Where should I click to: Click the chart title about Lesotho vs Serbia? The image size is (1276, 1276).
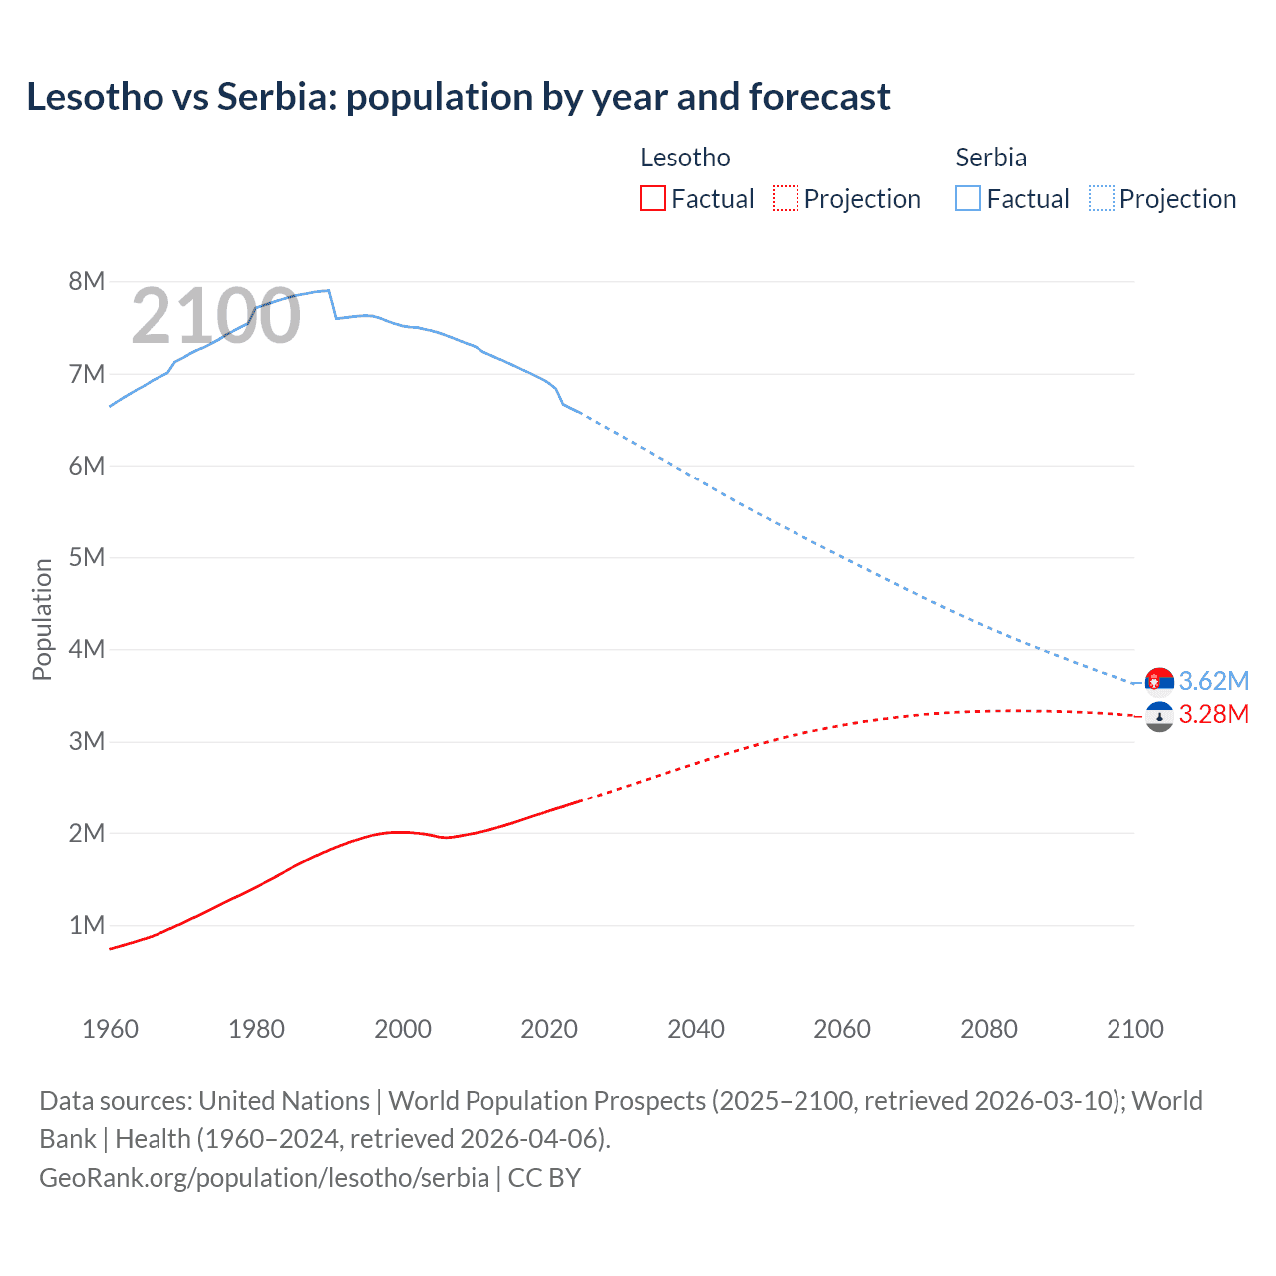coord(459,97)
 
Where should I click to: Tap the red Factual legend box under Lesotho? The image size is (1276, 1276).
coord(652,198)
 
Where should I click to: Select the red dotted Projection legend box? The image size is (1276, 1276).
coord(786,198)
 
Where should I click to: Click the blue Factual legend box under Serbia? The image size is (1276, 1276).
coord(967,198)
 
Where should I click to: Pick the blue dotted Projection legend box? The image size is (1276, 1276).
coord(1101,198)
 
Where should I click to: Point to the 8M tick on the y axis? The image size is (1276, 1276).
coord(87,281)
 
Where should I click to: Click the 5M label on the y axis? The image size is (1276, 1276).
coord(87,557)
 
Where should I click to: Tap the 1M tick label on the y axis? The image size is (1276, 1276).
coord(87,925)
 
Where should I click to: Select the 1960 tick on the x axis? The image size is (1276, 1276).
coord(110,1029)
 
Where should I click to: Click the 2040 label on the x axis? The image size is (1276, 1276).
coord(696,1029)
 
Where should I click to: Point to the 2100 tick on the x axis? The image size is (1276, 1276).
coord(1134,1029)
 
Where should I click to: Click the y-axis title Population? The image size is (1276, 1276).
coord(42,619)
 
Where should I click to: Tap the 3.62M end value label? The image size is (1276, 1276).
coord(1213,681)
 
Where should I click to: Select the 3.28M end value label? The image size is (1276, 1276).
coord(1213,714)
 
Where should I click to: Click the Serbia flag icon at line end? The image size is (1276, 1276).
coord(1159,682)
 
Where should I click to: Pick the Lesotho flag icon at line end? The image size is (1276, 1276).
coord(1159,716)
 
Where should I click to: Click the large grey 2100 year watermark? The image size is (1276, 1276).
coord(215,316)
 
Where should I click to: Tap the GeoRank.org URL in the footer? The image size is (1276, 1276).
coord(264,1177)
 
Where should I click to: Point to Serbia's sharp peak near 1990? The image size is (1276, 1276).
coord(328,290)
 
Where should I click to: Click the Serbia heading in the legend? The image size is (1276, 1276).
coord(990,158)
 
